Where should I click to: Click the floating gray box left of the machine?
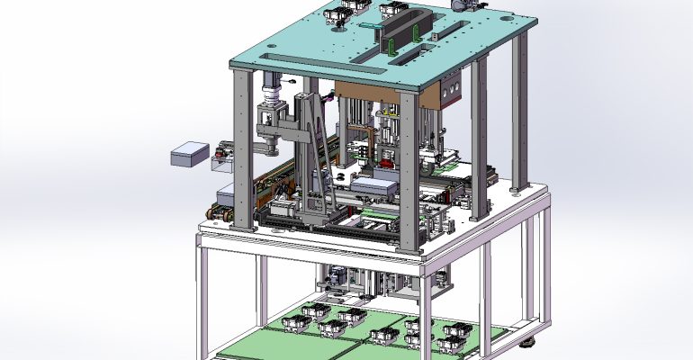click(189, 154)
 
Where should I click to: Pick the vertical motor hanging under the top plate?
click(269, 90)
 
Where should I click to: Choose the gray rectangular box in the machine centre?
click(373, 187)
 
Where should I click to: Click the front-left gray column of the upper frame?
click(242, 148)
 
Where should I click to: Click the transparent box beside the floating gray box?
click(221, 165)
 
